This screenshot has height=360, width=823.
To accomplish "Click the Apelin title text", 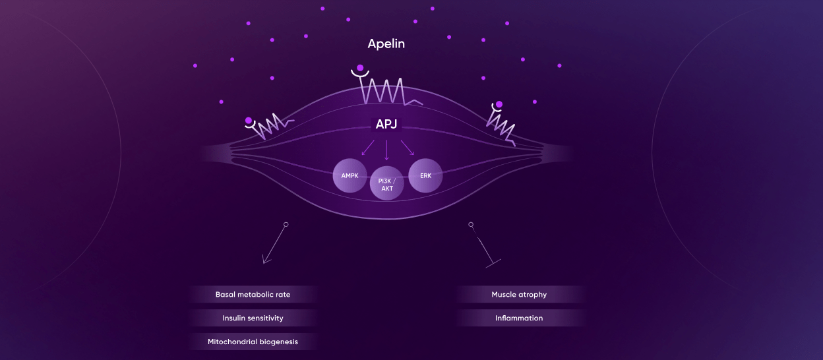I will (386, 45).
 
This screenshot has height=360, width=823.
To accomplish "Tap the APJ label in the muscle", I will (386, 124).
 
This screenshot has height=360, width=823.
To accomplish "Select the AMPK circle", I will (350, 176).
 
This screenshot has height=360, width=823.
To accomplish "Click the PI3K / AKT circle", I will (386, 184).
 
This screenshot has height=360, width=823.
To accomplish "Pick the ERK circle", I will (425, 176).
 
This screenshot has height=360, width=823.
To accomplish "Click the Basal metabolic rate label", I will (253, 294).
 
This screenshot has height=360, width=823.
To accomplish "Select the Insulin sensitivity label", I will (253, 318).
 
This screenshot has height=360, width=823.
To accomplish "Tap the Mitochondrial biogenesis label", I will (253, 342).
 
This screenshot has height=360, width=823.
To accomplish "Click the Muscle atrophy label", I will (519, 294).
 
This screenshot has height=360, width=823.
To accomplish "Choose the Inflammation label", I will (519, 318).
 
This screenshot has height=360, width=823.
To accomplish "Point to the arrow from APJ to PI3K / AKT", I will (386, 150).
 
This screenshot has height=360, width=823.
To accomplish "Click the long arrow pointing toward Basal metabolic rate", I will (274, 245).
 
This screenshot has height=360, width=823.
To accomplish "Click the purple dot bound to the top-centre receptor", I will (360, 67).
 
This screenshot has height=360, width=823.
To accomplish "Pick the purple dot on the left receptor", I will (249, 121).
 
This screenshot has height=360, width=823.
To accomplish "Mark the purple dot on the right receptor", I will (499, 104).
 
